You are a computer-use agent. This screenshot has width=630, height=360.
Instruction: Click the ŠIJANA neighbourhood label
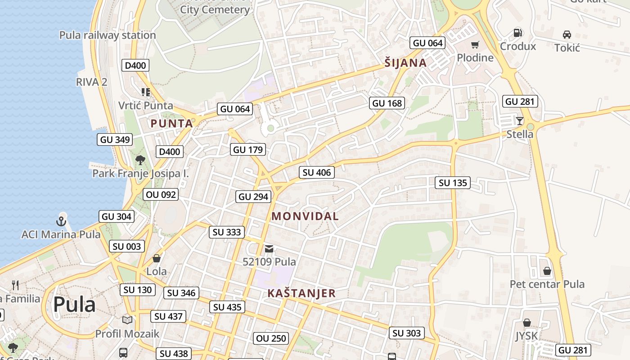(405, 63)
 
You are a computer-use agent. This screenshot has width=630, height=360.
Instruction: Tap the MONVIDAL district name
(305, 216)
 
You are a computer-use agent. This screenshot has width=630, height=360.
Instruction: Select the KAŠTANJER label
(301, 293)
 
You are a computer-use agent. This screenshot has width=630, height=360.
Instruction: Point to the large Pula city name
(74, 305)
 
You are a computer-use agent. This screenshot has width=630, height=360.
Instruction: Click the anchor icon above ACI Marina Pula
(61, 221)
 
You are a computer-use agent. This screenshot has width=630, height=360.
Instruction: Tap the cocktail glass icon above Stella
(520, 121)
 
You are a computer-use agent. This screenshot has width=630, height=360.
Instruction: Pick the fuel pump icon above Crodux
(518, 33)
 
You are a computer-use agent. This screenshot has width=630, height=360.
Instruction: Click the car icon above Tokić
(567, 35)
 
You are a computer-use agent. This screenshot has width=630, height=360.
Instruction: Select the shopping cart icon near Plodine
(475, 45)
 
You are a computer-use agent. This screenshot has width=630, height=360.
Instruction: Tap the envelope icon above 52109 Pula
(269, 248)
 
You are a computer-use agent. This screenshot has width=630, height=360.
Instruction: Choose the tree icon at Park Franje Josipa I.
(140, 160)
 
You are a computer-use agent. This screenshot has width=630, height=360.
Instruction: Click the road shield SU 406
(317, 172)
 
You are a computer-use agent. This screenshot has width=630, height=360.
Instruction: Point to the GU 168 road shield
(387, 103)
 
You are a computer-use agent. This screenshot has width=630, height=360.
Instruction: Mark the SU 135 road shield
(453, 183)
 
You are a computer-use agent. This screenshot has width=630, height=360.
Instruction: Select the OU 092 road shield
(161, 195)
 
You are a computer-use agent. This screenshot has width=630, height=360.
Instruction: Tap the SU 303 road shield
(407, 333)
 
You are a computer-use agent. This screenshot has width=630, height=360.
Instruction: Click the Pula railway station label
(108, 35)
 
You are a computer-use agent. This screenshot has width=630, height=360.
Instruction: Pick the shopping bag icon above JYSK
(526, 323)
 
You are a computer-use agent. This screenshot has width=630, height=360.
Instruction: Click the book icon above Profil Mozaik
(127, 320)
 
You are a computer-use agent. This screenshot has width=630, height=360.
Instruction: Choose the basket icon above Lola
(157, 258)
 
